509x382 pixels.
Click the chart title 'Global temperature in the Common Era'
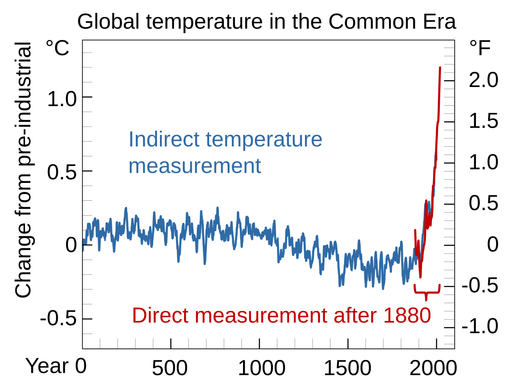pyautogui.click(x=266, y=22)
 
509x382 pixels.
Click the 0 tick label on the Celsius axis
pyautogui.click(x=71, y=246)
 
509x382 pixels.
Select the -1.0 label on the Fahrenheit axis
pyautogui.click(x=480, y=327)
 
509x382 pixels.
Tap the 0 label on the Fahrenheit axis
pyautogui.click(x=492, y=245)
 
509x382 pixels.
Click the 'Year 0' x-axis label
pyautogui.click(x=56, y=366)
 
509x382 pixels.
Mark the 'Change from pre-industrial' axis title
pyautogui.click(x=24, y=170)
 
